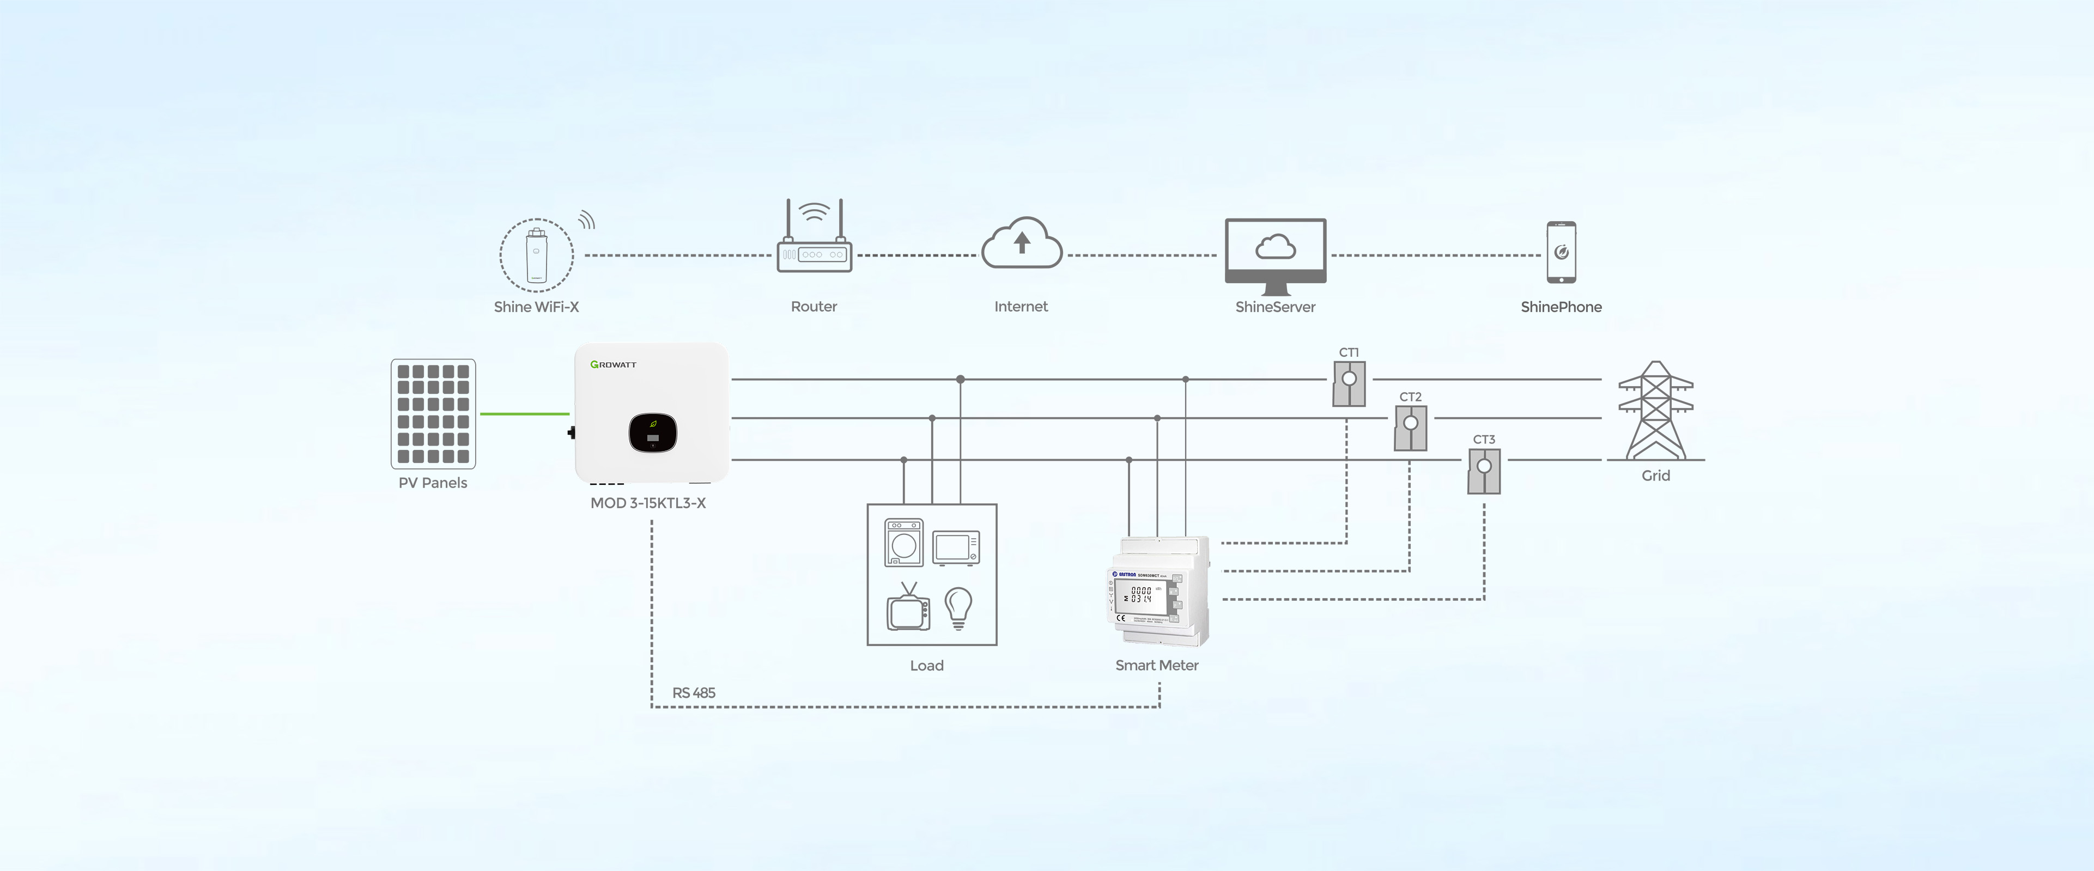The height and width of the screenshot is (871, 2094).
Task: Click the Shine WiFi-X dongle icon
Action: pos(537,255)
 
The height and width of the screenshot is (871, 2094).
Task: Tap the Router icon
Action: pos(814,241)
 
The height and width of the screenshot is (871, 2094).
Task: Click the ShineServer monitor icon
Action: pos(1276,253)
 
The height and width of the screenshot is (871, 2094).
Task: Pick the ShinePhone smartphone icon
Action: pos(1561,253)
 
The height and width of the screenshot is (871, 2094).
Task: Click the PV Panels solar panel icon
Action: pos(433,413)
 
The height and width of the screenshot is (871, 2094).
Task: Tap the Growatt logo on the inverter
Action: pos(614,365)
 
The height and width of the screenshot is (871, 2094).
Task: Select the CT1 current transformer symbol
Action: pos(1349,383)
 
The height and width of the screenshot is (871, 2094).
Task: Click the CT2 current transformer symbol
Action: pos(1410,428)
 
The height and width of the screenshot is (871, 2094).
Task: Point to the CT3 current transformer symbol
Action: pos(1484,471)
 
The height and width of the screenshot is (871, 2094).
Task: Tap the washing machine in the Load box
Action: pos(903,542)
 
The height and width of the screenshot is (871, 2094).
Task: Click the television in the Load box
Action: pos(908,610)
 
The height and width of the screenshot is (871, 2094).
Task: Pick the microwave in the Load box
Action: pos(955,547)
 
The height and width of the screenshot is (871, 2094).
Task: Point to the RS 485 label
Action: pos(694,693)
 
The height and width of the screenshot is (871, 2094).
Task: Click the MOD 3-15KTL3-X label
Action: pos(648,503)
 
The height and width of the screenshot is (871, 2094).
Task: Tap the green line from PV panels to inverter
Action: pos(524,413)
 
